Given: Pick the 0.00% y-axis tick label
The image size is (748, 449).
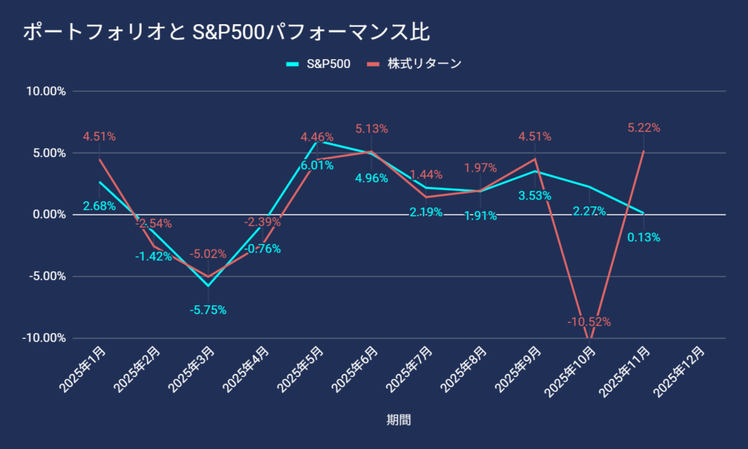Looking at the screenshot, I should pyautogui.click(x=47, y=215).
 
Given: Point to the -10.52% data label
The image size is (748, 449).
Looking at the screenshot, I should pyautogui.click(x=589, y=322).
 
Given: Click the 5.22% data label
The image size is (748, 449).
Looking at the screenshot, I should pyautogui.click(x=644, y=128).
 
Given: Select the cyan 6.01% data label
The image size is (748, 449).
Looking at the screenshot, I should pyautogui.click(x=317, y=165).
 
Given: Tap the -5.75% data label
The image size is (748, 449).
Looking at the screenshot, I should pyautogui.click(x=208, y=310).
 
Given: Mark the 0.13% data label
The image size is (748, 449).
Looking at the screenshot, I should pyautogui.click(x=644, y=237).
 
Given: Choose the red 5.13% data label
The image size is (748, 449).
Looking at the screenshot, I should pyautogui.click(x=371, y=128).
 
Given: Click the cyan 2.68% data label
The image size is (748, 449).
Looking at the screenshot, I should pyautogui.click(x=99, y=206).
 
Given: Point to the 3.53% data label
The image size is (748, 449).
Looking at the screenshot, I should pyautogui.click(x=535, y=196).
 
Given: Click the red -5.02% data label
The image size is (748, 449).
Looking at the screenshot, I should pyautogui.click(x=207, y=254).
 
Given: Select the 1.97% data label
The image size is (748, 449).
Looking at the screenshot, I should pyautogui.click(x=481, y=168).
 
